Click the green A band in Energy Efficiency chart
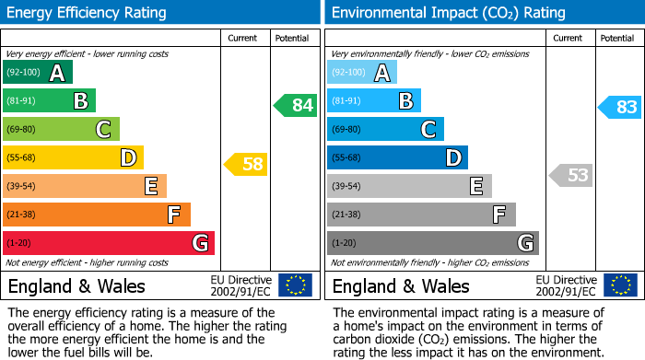[x=37, y=73]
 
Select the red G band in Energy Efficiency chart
[x=108, y=243]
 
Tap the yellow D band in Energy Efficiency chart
[x=73, y=158]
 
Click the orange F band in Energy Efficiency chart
[x=96, y=215]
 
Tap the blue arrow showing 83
[x=620, y=107]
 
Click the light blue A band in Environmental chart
[x=362, y=73]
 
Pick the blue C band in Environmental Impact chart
[x=385, y=129]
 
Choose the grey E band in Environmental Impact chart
[x=409, y=186]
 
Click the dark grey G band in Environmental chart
[x=432, y=243]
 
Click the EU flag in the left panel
[x=295, y=285]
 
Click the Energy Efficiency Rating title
[x=88, y=13]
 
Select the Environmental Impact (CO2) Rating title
[x=448, y=13]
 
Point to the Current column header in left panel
[x=242, y=38]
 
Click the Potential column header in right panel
[x=616, y=38]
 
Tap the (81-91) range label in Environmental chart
[x=346, y=101]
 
